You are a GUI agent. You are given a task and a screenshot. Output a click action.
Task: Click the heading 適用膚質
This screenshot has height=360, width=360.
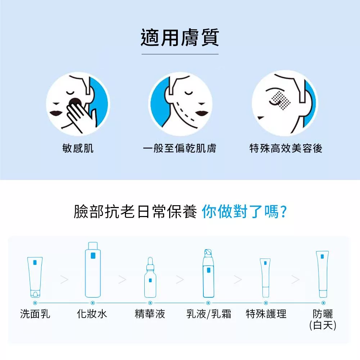tap(180, 37)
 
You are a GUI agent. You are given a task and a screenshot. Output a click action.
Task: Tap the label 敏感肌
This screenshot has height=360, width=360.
tap(78, 148)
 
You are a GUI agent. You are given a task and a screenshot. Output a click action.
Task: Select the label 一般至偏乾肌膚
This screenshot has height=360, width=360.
tap(180, 148)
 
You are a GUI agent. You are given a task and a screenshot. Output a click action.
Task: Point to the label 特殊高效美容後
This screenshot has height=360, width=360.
tap(286, 148)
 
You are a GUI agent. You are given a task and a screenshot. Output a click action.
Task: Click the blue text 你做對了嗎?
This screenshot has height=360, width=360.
tap(244, 211)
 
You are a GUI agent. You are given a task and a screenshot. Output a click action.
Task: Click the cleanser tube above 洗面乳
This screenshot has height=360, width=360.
tap(35, 277)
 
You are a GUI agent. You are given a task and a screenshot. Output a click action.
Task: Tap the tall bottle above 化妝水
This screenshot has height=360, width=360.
tap(93, 270)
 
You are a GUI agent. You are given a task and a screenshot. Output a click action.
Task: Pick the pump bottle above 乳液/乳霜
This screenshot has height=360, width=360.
tap(208, 273)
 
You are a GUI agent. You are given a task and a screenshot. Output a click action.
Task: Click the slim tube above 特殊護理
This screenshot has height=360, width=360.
tap(265, 278)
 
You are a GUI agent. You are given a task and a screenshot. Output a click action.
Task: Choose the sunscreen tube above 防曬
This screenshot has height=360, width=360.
tap(323, 274)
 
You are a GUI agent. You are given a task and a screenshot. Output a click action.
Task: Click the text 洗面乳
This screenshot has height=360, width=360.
tap(35, 314)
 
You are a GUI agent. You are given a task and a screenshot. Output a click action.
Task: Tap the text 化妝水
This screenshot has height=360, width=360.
tap(92, 314)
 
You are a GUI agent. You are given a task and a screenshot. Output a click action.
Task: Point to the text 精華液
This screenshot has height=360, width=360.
tap(150, 314)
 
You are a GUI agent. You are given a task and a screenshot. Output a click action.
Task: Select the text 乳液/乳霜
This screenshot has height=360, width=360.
tap(209, 314)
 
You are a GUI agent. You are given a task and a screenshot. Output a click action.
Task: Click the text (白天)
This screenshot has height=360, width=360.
tap(323, 325)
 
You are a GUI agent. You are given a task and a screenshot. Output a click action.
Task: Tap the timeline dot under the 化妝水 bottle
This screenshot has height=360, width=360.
tap(93, 303)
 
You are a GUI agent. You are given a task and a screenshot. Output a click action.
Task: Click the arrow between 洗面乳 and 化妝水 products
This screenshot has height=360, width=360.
tap(64, 279)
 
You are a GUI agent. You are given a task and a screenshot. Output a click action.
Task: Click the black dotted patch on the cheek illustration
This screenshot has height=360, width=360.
tap(281, 100)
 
